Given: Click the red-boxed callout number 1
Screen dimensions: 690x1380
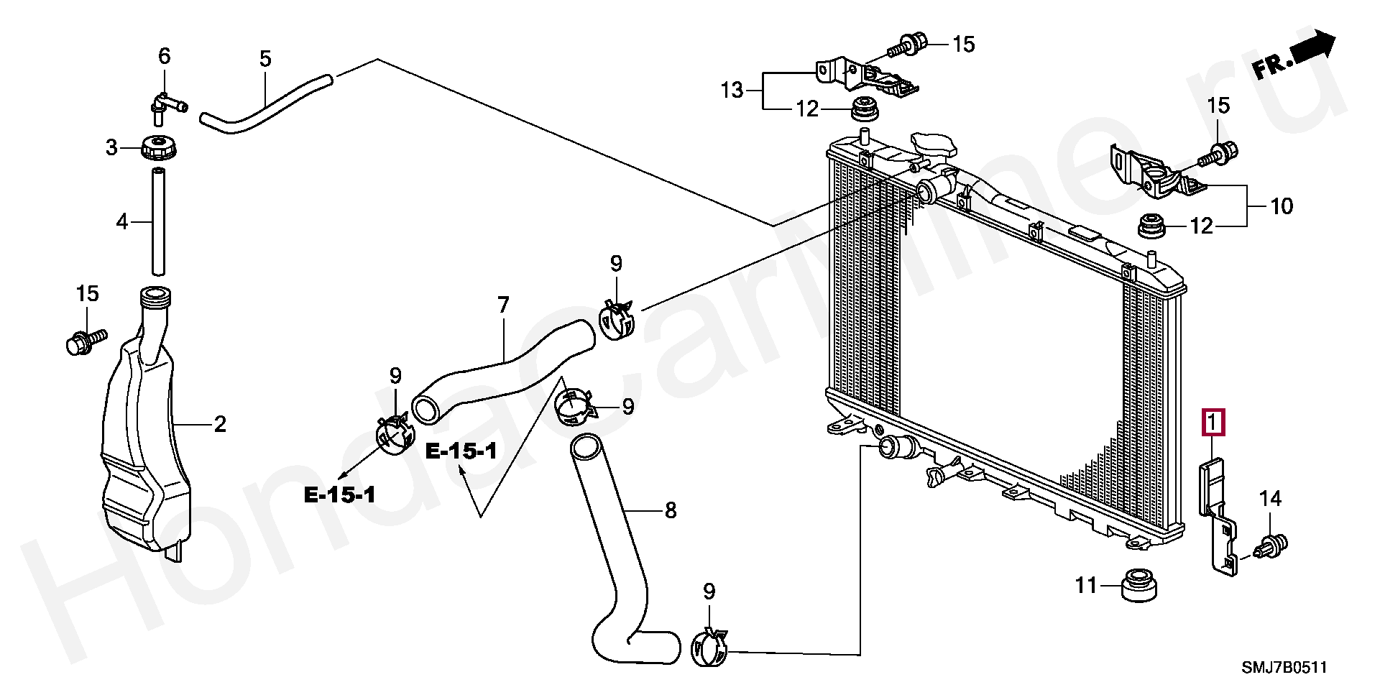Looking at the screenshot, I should [1213, 423].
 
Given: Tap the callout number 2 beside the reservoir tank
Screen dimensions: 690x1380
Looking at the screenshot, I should [220, 424].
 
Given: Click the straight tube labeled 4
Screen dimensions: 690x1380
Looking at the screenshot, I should [158, 221].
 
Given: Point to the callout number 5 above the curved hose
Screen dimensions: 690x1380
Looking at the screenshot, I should [265, 58].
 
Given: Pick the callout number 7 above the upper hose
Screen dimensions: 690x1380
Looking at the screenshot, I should [503, 305].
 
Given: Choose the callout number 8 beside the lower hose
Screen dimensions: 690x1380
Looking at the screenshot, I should [671, 510].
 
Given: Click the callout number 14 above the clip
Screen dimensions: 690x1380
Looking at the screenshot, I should [1270, 498].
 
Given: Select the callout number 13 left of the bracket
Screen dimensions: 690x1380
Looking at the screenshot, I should [732, 91].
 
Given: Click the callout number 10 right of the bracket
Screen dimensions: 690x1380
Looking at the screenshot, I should [1282, 206].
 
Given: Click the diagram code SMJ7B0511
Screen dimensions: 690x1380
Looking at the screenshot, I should [1284, 668].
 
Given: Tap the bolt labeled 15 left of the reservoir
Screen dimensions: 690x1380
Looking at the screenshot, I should [85, 341].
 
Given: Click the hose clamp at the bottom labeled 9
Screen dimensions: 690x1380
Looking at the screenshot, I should [709, 649].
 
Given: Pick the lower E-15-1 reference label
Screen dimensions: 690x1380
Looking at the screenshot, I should [340, 494].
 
